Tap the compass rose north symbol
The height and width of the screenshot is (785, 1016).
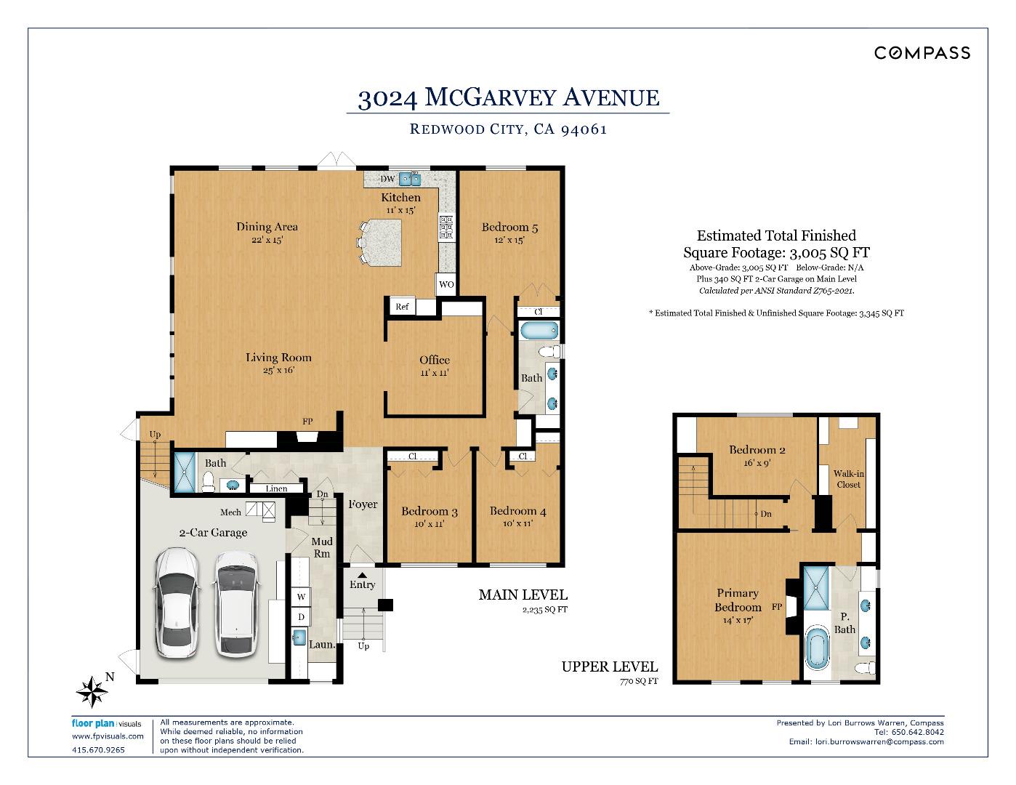92,691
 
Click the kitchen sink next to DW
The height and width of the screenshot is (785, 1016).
410,179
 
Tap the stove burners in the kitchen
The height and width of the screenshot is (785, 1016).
446,228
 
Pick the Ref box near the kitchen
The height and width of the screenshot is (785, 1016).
402,307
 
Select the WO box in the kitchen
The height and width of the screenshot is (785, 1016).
446,284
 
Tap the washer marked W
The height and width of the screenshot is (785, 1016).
301,596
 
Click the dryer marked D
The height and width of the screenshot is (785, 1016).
301,616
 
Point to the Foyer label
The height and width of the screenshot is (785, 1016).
363,504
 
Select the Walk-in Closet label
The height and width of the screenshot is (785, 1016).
849,479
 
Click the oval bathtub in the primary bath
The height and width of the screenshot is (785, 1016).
817,648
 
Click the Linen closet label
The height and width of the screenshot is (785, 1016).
276,488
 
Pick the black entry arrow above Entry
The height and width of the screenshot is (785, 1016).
363,575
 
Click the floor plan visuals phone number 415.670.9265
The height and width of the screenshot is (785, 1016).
98,750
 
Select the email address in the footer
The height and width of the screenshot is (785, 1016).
879,741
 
